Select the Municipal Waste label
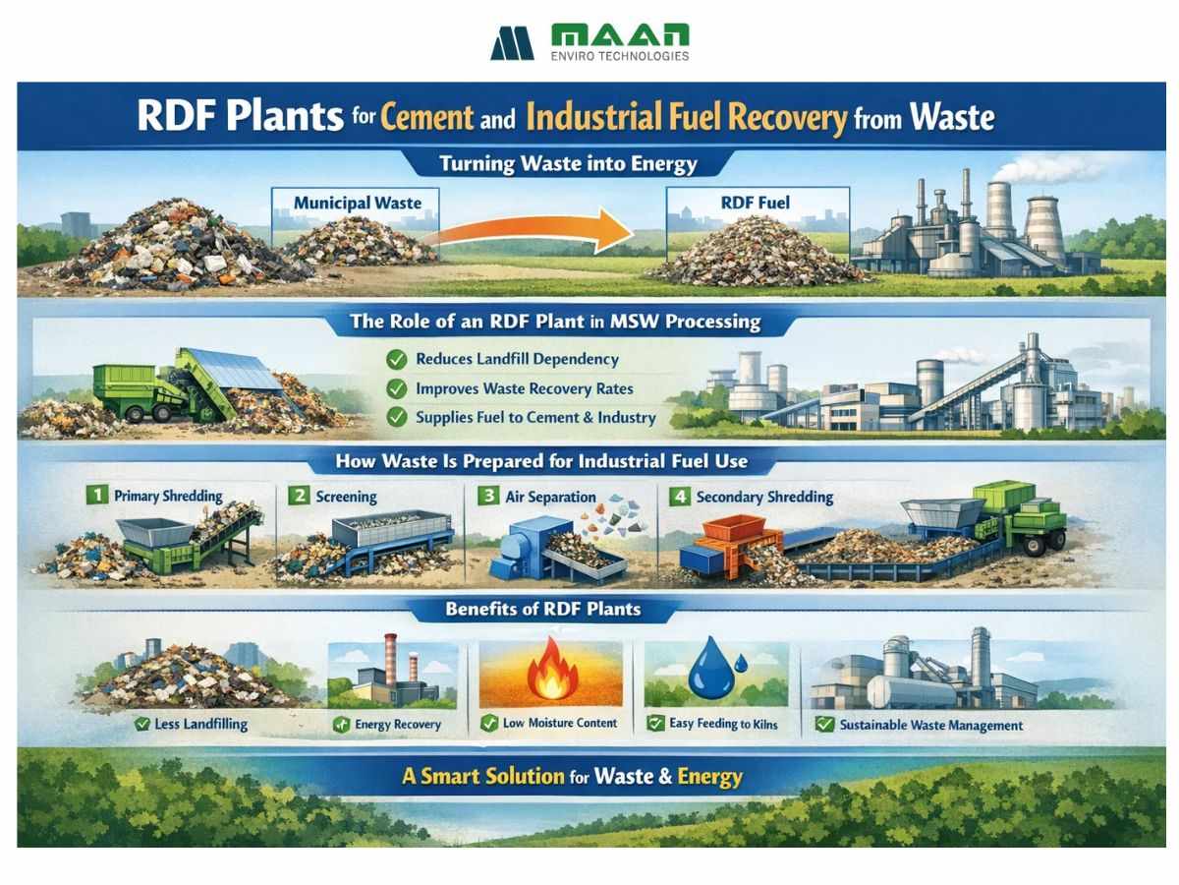pyautogui.click(x=357, y=204)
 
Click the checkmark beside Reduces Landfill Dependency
pyautogui.click(x=397, y=360)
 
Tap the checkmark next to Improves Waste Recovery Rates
pyautogui.click(x=397, y=388)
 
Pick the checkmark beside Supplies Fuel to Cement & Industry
pyautogui.click(x=397, y=417)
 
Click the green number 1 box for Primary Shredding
pyautogui.click(x=95, y=496)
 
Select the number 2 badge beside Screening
pyautogui.click(x=299, y=496)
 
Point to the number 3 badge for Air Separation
pyautogui.click(x=486, y=496)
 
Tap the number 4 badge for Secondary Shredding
pyautogui.click(x=678, y=496)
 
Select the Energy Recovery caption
pyautogui.click(x=398, y=725)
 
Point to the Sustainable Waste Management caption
pyautogui.click(x=930, y=725)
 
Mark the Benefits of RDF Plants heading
pyautogui.click(x=542, y=609)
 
